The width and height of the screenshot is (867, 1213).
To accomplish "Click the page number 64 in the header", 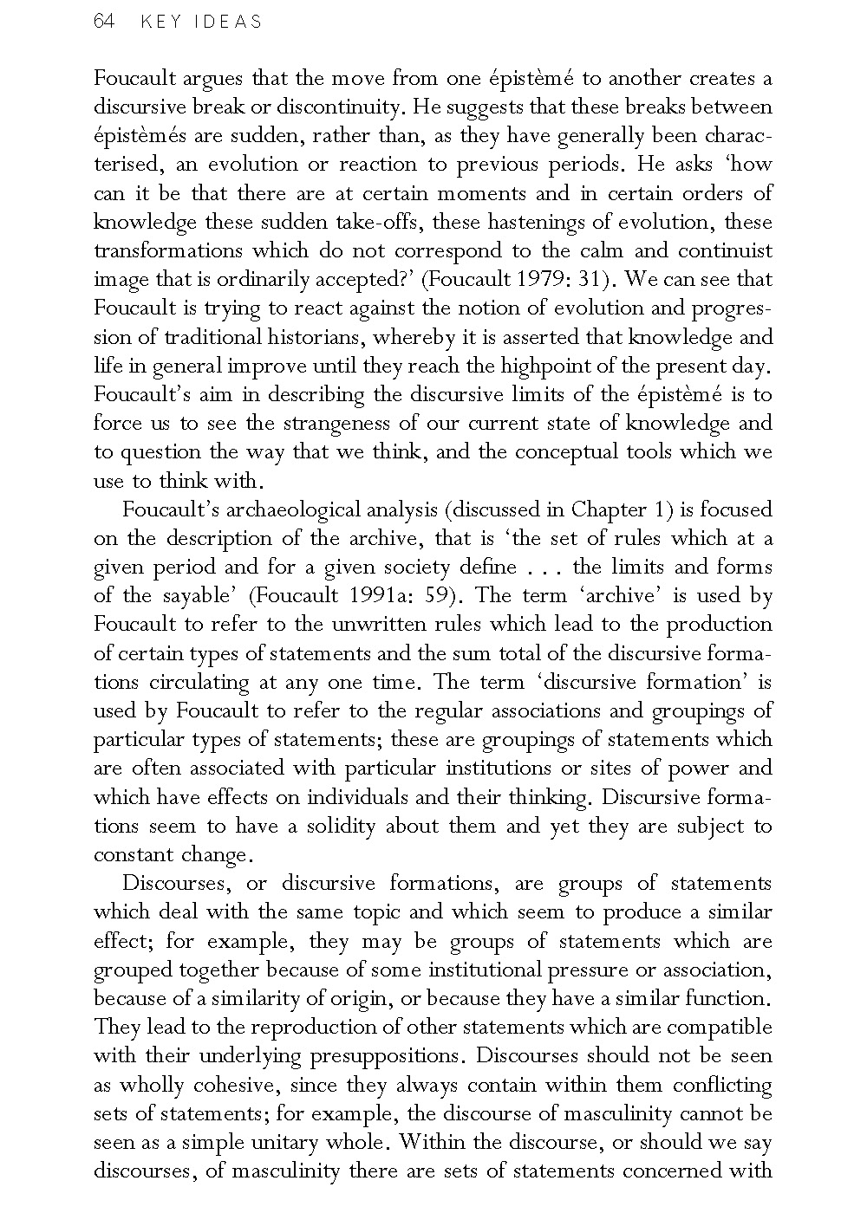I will pyautogui.click(x=103, y=22).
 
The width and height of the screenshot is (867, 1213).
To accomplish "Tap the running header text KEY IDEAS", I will pyautogui.click(x=200, y=23).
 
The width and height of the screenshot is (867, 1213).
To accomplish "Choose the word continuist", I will pyautogui.click(x=725, y=251).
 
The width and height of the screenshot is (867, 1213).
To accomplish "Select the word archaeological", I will pyautogui.click(x=307, y=509).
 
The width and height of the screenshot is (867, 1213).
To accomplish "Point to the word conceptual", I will pyautogui.click(x=567, y=452).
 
